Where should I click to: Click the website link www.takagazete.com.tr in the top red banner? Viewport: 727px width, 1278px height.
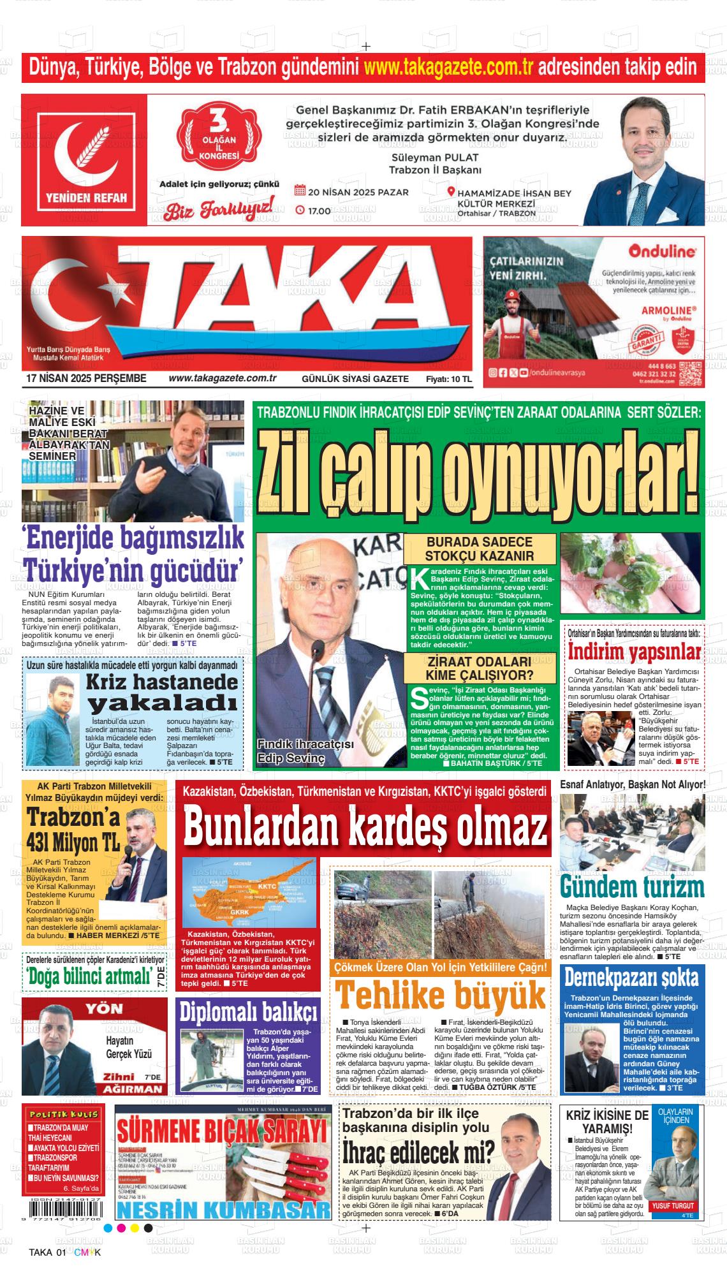click(448, 66)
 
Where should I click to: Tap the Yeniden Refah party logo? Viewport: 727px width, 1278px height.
click(85, 160)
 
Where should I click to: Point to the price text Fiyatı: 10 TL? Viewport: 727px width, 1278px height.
click(448, 379)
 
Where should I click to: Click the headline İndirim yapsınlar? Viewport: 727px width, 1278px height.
click(635, 652)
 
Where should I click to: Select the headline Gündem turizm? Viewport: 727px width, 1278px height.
click(632, 887)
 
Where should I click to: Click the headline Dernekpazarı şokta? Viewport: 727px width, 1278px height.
click(631, 977)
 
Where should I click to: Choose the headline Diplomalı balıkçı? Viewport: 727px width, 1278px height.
click(248, 1012)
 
